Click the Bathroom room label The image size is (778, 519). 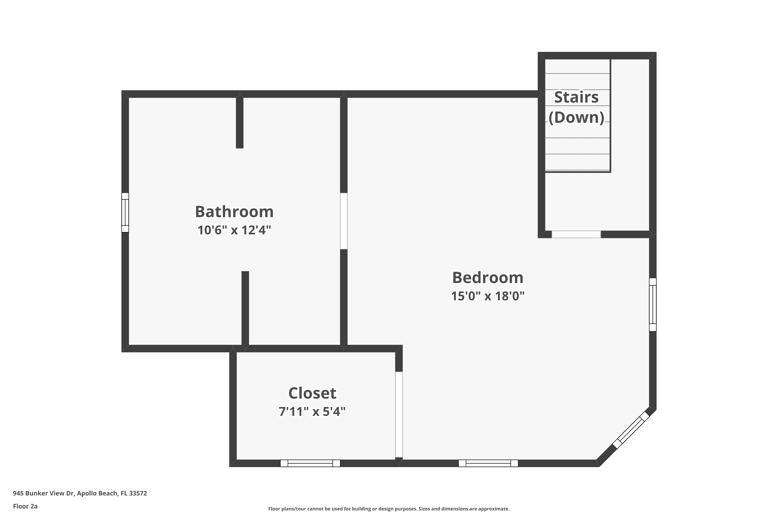click(x=234, y=212)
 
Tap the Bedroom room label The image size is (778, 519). click(x=488, y=278)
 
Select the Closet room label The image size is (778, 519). click(x=312, y=393)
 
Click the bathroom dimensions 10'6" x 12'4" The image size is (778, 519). click(x=234, y=230)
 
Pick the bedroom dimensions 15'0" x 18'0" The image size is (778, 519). click(x=488, y=296)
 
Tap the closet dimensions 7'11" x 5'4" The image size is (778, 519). click(x=312, y=411)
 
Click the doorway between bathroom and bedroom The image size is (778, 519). click(x=344, y=221)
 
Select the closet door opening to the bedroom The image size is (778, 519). click(x=399, y=414)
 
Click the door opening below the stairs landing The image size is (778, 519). click(x=576, y=234)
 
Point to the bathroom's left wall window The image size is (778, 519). click(x=125, y=212)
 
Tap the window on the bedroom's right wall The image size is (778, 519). click(x=653, y=304)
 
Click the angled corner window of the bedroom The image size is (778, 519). click(x=631, y=430)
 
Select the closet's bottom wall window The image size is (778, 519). click(x=310, y=463)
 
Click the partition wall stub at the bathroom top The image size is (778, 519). click(x=239, y=122)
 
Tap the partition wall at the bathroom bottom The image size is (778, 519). click(x=245, y=308)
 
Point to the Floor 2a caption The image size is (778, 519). click(x=25, y=506)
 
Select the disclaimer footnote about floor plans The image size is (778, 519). click(x=389, y=509)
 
